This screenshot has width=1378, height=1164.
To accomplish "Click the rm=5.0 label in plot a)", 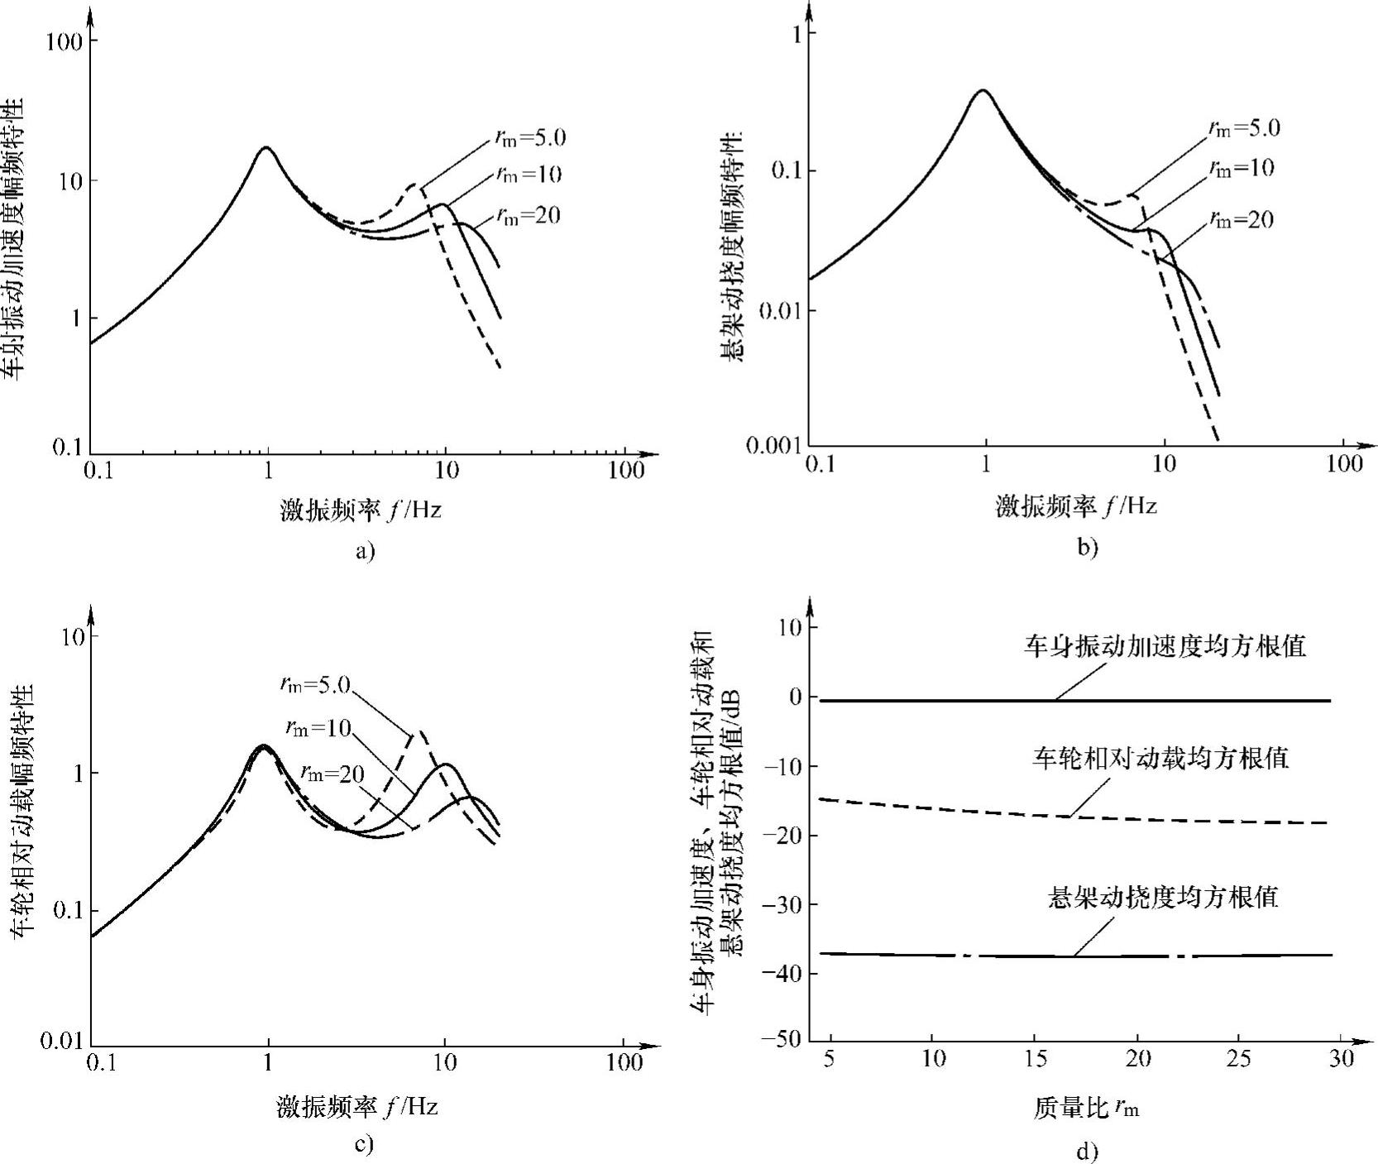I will click(x=530, y=138).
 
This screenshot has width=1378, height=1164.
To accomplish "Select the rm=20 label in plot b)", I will click(x=1241, y=219).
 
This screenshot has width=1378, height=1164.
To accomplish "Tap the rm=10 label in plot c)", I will click(x=318, y=727).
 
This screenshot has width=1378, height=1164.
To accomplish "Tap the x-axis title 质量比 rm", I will click(x=1085, y=1109).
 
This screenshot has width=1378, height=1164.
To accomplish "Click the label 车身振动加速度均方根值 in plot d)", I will click(x=1165, y=646).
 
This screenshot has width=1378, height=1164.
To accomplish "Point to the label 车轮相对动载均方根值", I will click(x=1160, y=758).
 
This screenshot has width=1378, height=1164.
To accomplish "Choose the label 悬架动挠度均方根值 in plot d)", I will click(x=1162, y=898).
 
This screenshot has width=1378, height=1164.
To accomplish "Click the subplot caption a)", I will click(x=365, y=550).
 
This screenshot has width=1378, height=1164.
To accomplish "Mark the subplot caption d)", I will click(x=1086, y=1151).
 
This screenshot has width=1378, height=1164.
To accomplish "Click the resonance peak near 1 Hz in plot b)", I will click(x=983, y=90).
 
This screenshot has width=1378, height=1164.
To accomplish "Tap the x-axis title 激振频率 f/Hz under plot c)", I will click(x=357, y=1107).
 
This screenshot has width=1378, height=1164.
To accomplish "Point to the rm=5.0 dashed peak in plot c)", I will click(x=420, y=731).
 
